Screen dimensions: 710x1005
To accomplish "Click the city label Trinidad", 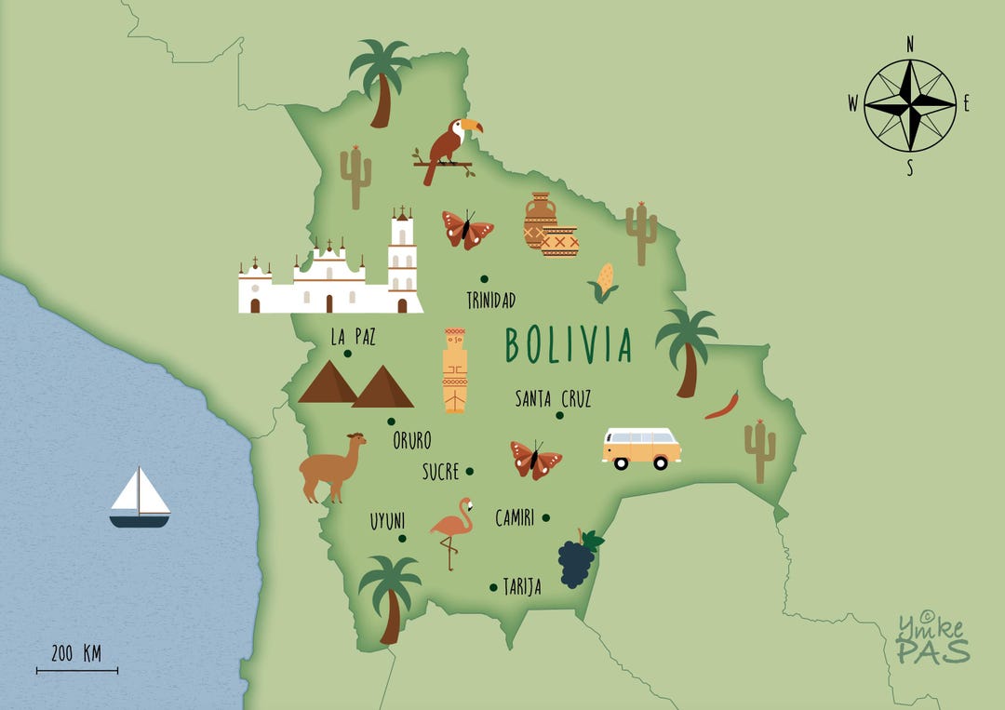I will tap(490, 301).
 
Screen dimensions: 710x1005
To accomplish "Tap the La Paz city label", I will tap(353, 335).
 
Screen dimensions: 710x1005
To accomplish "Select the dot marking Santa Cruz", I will tap(560, 415).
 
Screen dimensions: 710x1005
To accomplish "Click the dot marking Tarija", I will tap(493, 587).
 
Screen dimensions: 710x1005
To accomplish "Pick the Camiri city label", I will tap(515, 517).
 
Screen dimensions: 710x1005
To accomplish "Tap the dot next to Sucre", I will tap(470, 471).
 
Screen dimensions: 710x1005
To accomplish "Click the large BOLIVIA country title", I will tap(569, 344).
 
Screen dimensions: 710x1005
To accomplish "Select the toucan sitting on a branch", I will tap(449, 147).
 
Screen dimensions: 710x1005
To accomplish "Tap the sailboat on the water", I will tap(140, 498).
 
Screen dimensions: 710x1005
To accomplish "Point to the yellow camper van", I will tap(641, 448).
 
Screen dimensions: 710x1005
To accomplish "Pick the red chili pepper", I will tap(723, 407).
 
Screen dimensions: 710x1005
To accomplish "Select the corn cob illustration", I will tap(604, 281).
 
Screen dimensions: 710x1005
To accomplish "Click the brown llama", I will tap(331, 465).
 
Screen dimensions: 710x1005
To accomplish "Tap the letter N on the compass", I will tap(910, 43).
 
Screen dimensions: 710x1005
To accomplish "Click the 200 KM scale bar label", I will tap(77, 653).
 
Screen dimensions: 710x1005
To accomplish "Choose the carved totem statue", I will tap(455, 369).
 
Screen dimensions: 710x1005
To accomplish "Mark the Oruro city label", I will tap(411, 439).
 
